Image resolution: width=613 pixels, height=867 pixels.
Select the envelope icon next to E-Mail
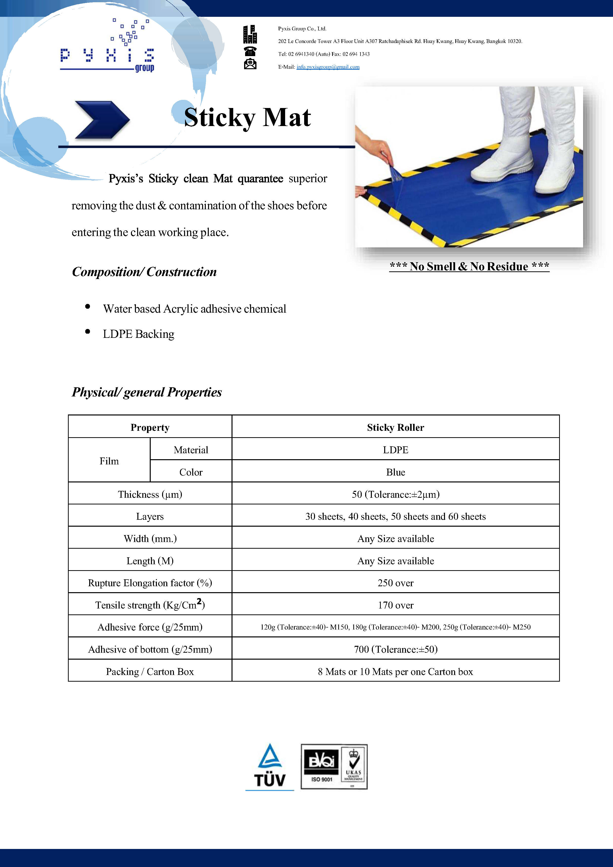pos(250,64)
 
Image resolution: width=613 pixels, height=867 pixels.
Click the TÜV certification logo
pos(270,767)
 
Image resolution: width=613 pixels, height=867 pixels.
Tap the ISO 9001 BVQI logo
pos(321,767)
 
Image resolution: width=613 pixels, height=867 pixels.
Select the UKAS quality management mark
pos(354,767)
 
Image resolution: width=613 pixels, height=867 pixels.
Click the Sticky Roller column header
pos(395,428)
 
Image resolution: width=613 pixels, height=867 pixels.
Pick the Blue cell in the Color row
pos(395,472)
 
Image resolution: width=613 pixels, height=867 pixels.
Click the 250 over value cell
pos(395,583)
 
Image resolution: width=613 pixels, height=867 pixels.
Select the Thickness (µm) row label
pos(150,494)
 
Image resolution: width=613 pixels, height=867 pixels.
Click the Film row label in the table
pos(109,461)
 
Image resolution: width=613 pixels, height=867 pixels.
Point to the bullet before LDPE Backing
pos(87,331)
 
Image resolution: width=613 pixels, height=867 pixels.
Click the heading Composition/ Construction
pos(144,272)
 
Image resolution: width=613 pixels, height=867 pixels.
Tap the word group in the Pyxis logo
pos(145,68)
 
